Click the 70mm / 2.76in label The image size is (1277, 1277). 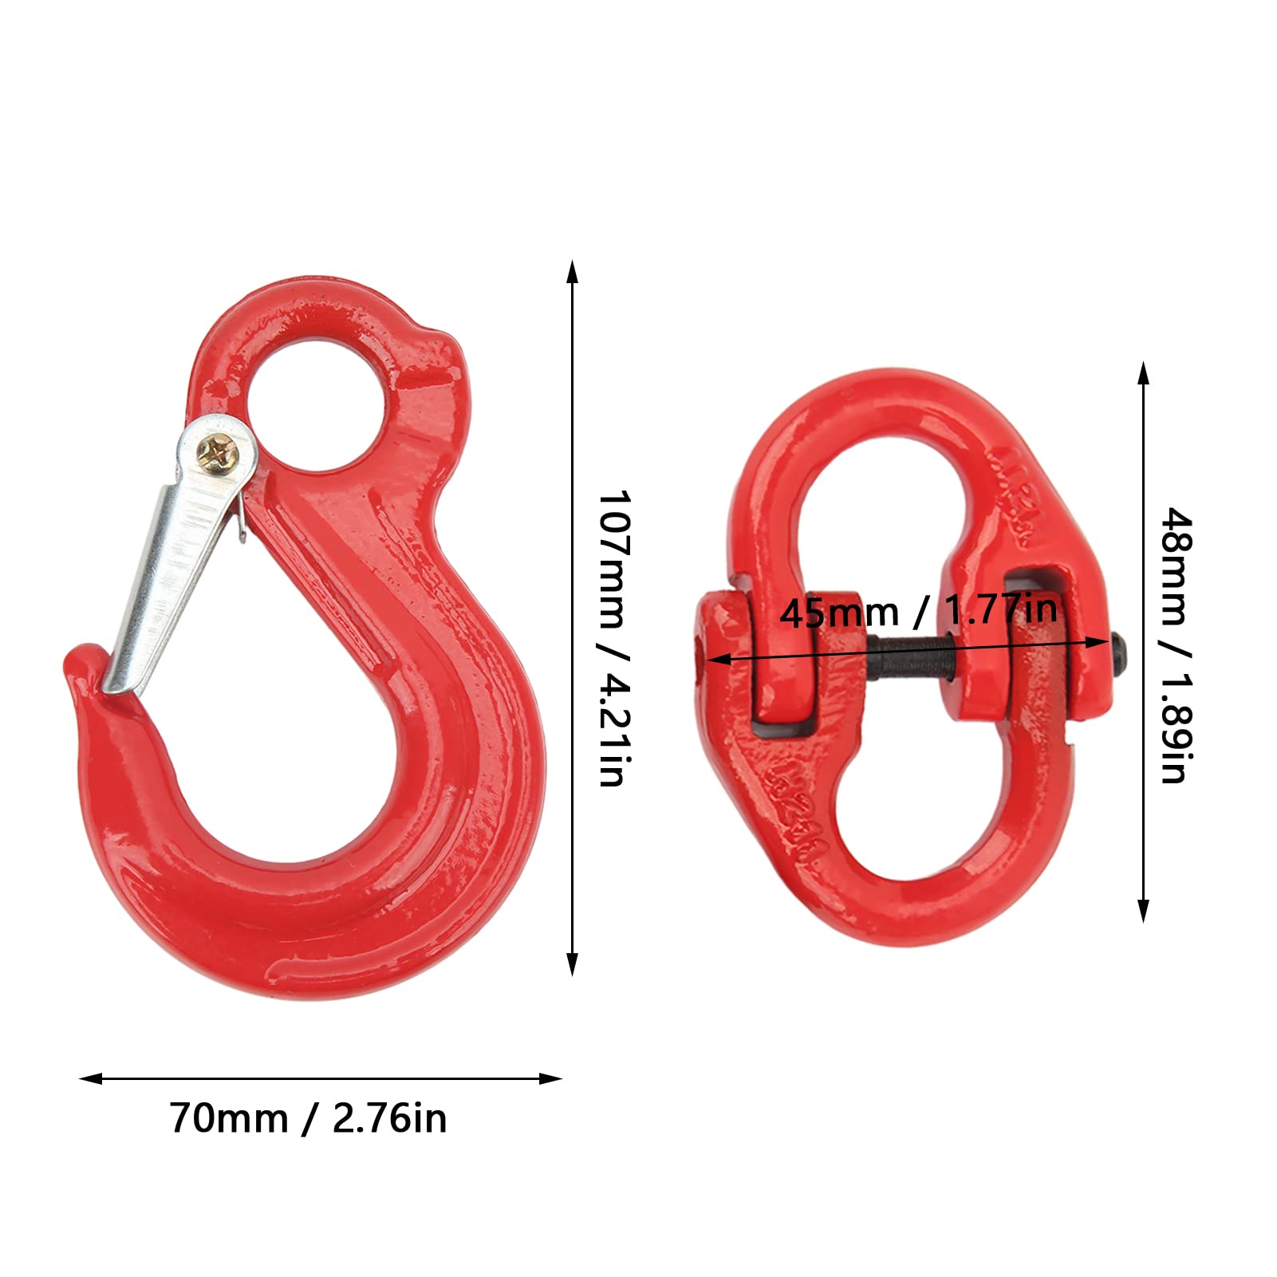[x=308, y=1118]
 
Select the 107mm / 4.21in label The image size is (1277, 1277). [x=613, y=638]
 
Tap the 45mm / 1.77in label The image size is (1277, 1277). [x=918, y=612]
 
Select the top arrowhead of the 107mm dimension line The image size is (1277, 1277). [x=572, y=271]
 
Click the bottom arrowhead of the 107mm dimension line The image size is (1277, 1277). [x=572, y=965]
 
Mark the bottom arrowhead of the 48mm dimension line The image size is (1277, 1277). [x=1143, y=911]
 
